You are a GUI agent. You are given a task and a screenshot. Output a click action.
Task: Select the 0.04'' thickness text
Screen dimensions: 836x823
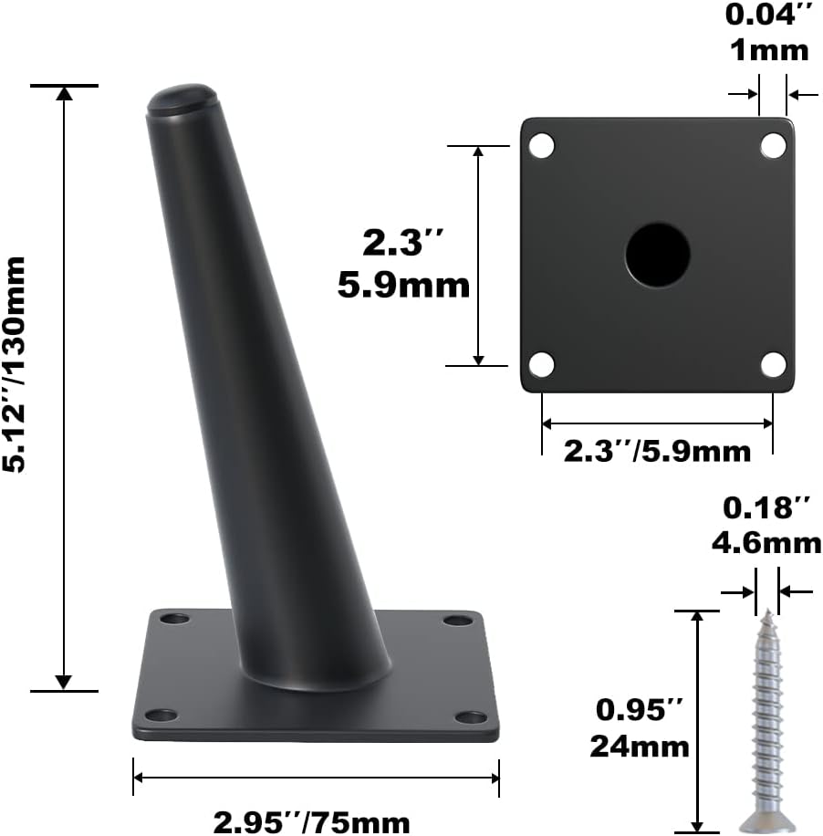[766, 16]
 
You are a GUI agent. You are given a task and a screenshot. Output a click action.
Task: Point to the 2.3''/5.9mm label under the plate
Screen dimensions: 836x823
[657, 451]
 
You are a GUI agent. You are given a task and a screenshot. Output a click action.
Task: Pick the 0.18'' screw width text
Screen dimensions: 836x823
[766, 507]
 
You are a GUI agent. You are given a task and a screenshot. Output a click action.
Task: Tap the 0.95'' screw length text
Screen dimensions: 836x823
[638, 709]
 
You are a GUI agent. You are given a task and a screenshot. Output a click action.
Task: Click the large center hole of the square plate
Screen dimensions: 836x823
[657, 254]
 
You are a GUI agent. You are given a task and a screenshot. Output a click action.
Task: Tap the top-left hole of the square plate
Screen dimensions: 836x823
[542, 144]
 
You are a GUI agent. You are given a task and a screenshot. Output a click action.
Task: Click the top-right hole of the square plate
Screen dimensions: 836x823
[773, 144]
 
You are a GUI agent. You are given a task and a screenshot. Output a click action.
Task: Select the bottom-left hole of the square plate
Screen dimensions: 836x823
[542, 364]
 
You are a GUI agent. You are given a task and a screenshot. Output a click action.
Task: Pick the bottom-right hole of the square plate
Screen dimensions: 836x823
[773, 364]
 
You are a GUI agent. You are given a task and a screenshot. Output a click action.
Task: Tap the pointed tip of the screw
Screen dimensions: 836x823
[767, 613]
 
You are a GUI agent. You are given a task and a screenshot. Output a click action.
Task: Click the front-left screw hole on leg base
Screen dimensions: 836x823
[162, 716]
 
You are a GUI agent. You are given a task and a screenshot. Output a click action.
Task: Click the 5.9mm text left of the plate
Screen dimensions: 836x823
[403, 286]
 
